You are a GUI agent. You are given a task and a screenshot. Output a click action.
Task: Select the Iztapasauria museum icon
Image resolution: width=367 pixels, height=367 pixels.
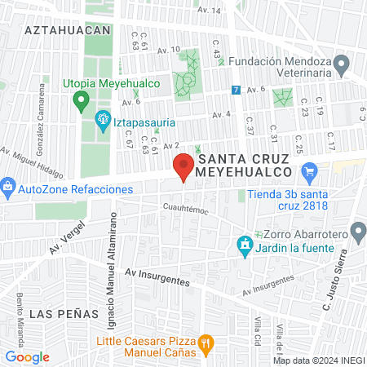pyautogui.click(x=103, y=122)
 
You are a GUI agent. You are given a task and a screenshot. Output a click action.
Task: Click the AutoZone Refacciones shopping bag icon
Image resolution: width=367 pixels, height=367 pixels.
pyautogui.click(x=8, y=188)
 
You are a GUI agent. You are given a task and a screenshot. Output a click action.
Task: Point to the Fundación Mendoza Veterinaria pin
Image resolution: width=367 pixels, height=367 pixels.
pyautogui.click(x=343, y=62)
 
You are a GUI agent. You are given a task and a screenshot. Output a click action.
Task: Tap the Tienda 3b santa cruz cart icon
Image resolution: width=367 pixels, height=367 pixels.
pyautogui.click(x=308, y=172)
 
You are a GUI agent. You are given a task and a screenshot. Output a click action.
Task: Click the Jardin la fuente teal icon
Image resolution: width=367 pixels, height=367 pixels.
pyautogui.click(x=244, y=245)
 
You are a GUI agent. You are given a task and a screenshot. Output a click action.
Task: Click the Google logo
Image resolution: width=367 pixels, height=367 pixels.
pyautogui.click(x=27, y=357)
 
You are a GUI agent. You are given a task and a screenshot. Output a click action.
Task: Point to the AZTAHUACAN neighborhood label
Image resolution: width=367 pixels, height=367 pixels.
pyautogui.click(x=67, y=29)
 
